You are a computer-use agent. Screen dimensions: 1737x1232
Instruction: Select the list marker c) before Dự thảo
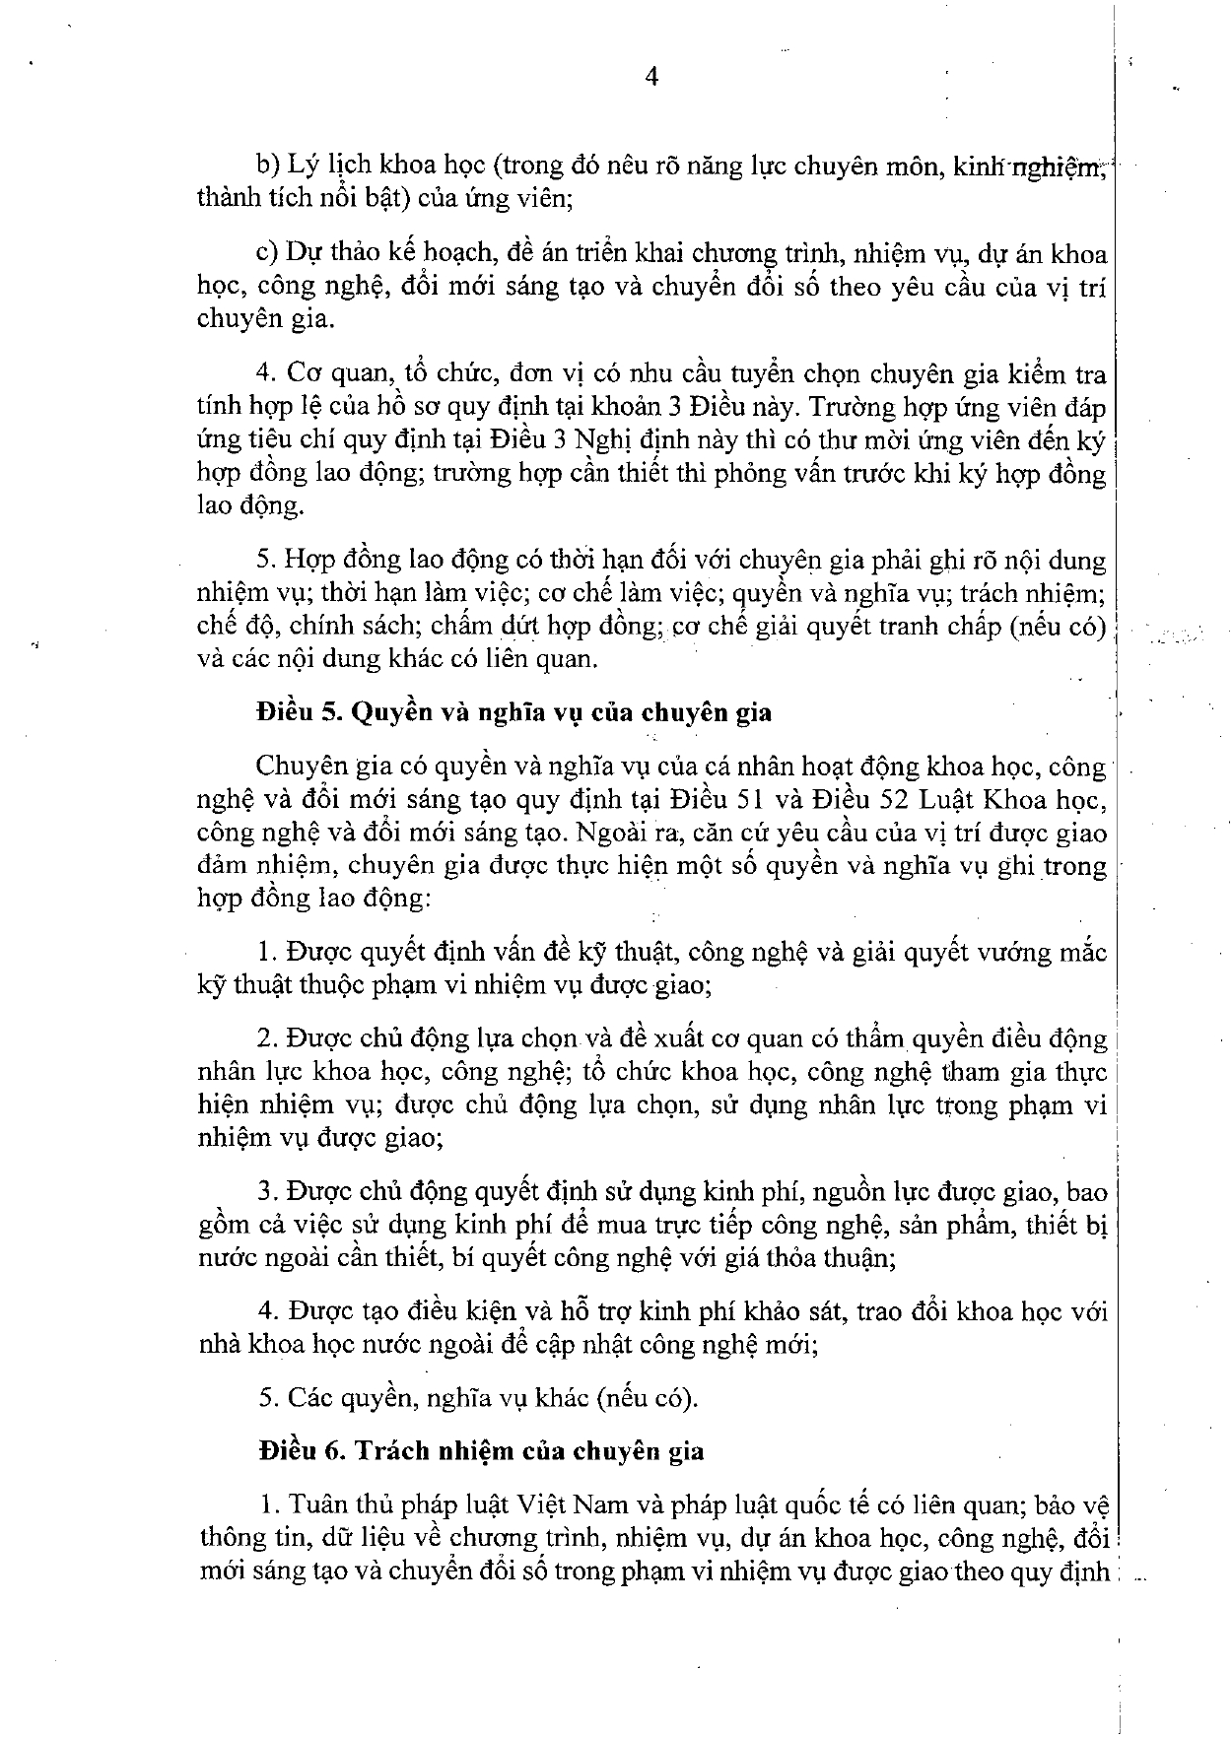pyautogui.click(x=267, y=254)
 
